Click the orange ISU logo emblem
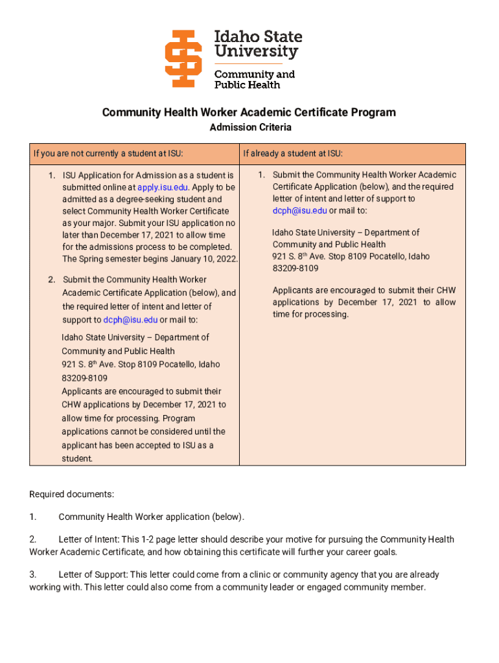[x=183, y=58]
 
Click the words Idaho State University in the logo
[x=258, y=44]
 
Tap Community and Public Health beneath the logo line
[x=254, y=79]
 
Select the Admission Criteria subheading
[x=250, y=128]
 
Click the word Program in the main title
[x=374, y=113]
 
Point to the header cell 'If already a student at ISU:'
[x=293, y=153]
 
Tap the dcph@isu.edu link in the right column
[x=299, y=210]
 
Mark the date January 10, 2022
[x=204, y=259]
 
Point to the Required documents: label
[x=71, y=495]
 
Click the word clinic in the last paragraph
[x=262, y=575]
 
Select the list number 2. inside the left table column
[x=51, y=280]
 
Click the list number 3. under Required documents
[x=33, y=575]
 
